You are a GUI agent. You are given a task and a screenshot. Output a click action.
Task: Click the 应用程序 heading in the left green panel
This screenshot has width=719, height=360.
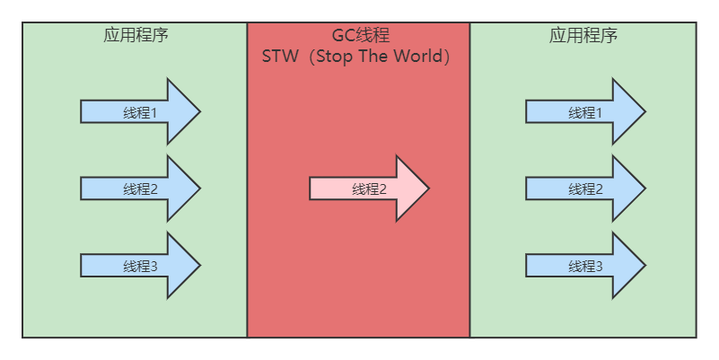[136, 36]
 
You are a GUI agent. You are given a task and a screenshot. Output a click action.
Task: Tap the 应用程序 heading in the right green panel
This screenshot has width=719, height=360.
[583, 36]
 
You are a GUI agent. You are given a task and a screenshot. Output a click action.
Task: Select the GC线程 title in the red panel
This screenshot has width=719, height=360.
[360, 36]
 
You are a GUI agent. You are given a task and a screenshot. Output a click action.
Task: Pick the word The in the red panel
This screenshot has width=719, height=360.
[378, 57]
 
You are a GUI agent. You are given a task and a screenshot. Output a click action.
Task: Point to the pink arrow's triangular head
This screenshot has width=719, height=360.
[411, 189]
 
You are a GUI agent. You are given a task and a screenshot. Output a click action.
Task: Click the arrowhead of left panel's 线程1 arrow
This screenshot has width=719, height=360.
[182, 111]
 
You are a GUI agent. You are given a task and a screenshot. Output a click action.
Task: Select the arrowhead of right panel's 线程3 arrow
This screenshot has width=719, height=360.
[627, 266]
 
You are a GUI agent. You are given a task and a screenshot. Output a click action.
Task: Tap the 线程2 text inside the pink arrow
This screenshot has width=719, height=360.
[369, 189]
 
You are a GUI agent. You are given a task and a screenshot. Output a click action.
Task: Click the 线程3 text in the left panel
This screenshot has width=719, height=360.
[140, 267]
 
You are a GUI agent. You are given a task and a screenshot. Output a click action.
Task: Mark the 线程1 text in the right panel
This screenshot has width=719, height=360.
[585, 112]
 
